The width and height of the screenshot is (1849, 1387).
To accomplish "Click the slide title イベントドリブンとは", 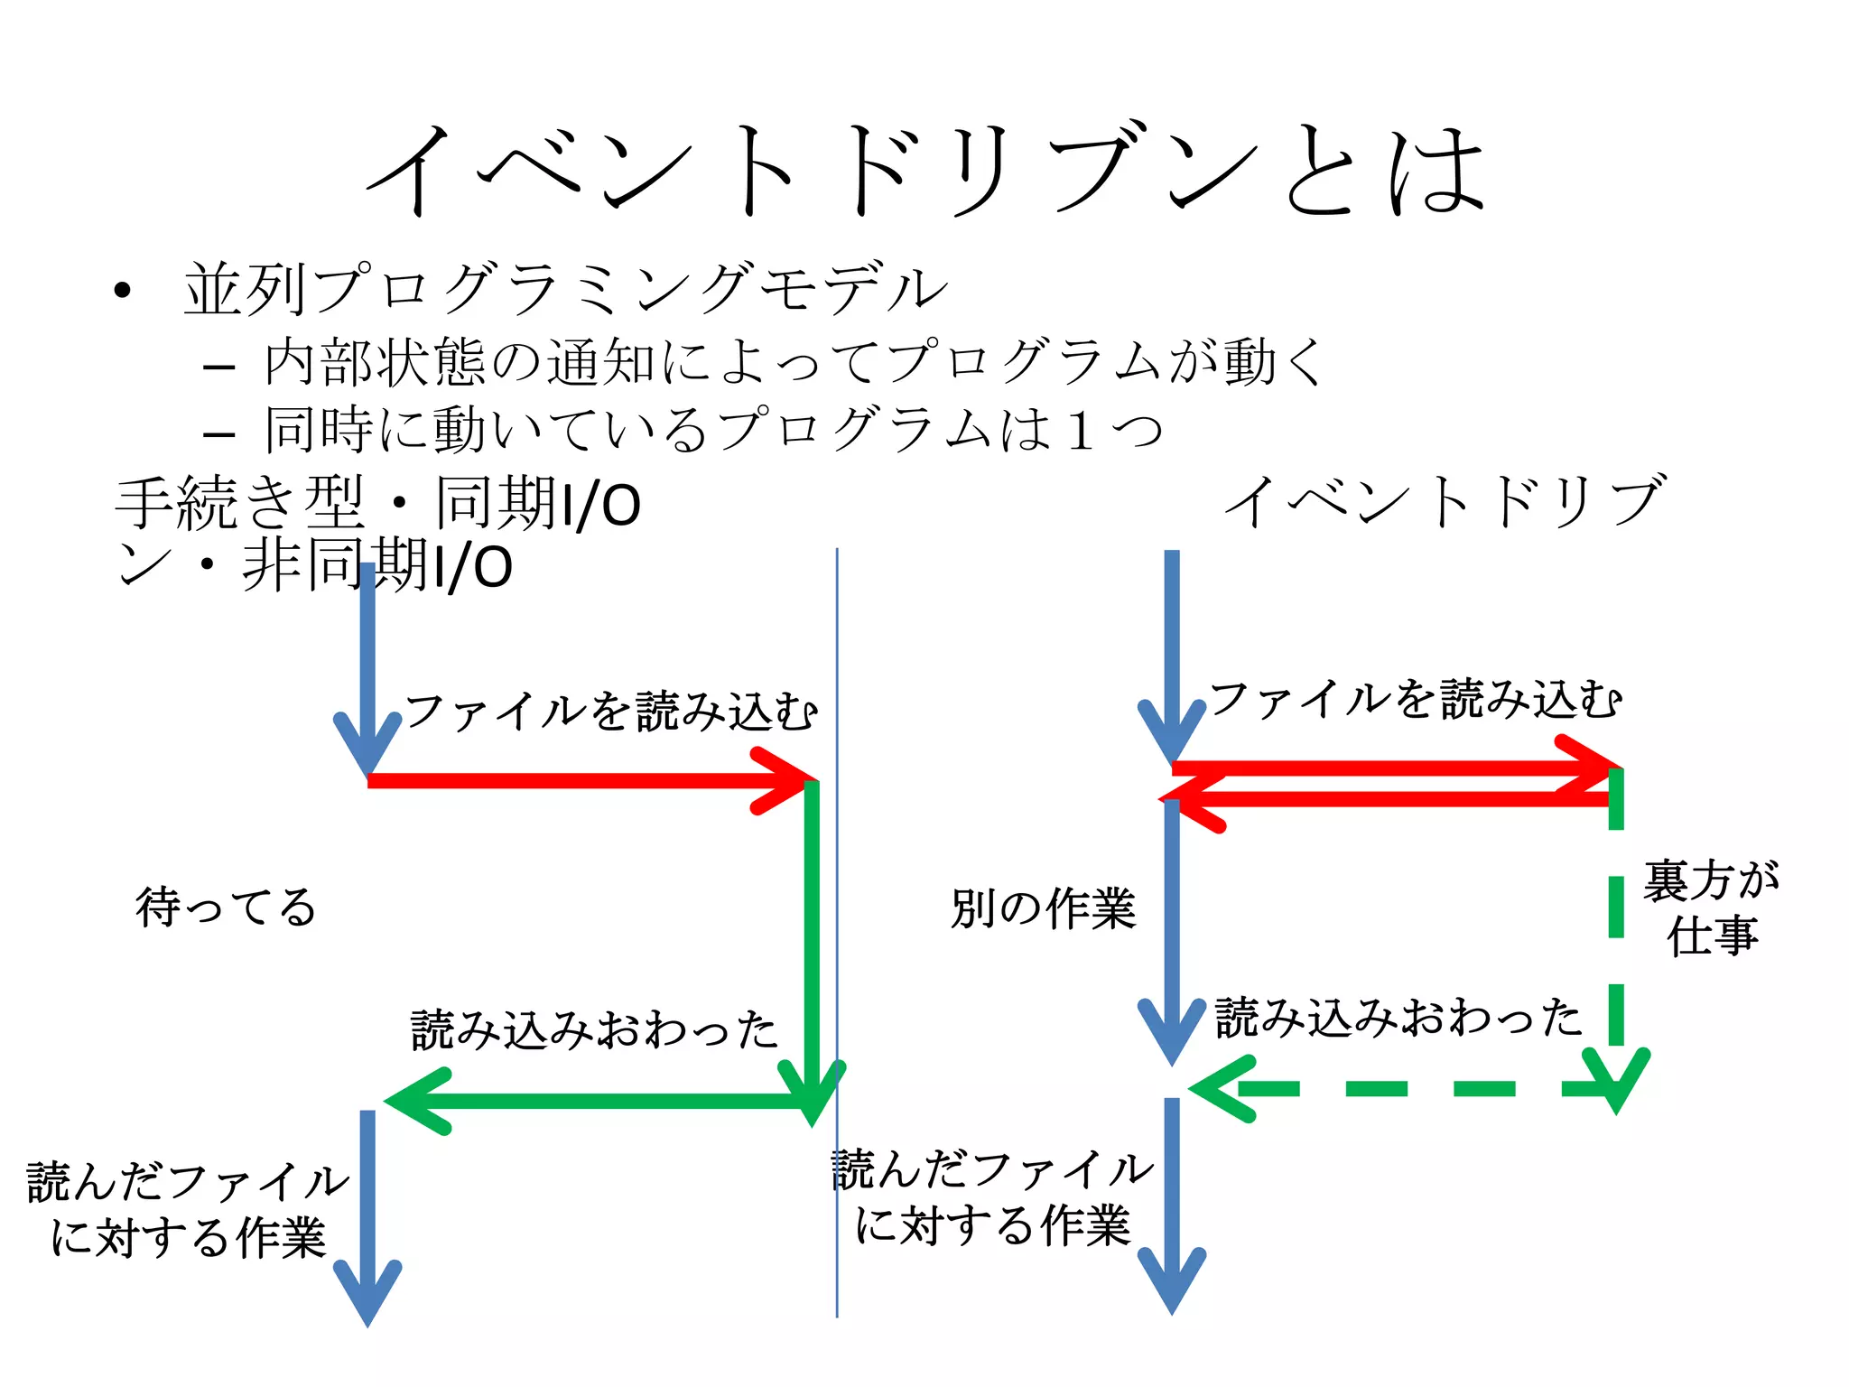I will (924, 170).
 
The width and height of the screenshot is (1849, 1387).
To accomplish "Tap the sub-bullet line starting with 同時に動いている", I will (713, 430).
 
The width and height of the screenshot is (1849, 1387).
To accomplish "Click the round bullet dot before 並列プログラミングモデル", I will (123, 291).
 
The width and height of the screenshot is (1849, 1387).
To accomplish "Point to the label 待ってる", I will (226, 907).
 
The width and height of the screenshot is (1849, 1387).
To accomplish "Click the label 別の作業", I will (1043, 908).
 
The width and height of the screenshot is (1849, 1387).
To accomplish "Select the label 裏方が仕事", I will (1711, 908).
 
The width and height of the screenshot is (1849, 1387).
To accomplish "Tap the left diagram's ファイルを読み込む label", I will (610, 712).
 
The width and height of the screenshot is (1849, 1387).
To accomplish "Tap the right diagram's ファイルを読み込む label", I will (1415, 700).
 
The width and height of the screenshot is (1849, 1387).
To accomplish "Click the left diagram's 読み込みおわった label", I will (593, 1029).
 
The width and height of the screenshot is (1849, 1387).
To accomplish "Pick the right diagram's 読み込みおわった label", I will (1398, 1018).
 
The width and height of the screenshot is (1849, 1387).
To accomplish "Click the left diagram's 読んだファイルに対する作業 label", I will (188, 1210).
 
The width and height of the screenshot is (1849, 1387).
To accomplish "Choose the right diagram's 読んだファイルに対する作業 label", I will (992, 1198).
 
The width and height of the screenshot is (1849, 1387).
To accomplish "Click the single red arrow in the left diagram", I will (587, 781).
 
